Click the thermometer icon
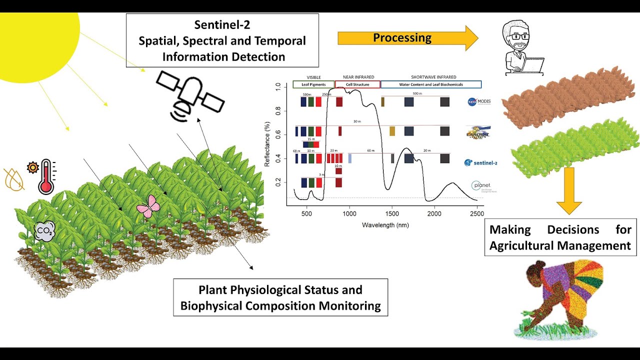(46, 176)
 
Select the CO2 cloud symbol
(43, 231)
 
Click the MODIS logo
(479, 101)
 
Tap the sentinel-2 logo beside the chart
(480, 162)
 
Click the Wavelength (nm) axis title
(385, 225)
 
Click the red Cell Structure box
(357, 84)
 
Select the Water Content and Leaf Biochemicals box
(431, 84)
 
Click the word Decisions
(572, 230)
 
